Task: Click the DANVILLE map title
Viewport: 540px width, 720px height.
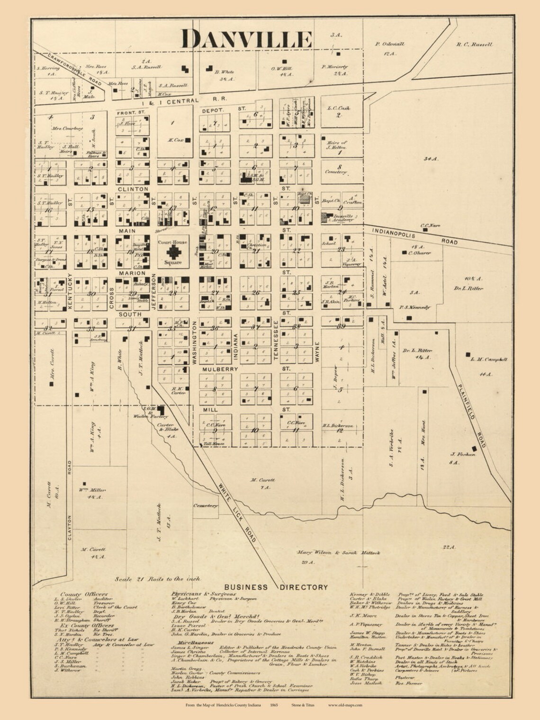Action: pos(247,39)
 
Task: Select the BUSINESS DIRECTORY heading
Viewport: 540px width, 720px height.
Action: pos(282,587)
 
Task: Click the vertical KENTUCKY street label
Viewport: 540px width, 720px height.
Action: pos(70,290)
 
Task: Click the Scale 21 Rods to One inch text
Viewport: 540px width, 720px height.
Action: pos(158,579)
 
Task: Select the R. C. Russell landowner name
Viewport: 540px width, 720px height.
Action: pos(474,45)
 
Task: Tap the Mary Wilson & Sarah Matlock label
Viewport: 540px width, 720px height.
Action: pos(339,552)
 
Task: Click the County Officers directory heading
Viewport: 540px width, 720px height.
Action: pos(84,594)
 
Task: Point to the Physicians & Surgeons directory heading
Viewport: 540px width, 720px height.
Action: pos(203,594)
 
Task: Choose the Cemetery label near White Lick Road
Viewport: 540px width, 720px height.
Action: pos(205,506)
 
